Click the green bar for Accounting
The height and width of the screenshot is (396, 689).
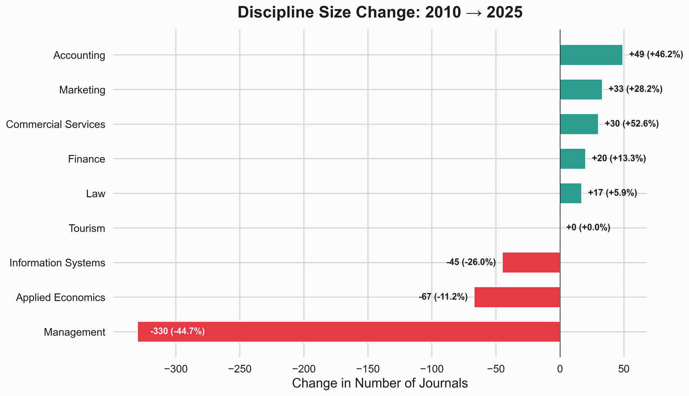tap(591, 55)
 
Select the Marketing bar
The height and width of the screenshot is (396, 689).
tap(580, 90)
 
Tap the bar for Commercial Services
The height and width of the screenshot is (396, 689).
tap(579, 124)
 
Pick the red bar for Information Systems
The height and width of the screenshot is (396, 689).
tap(531, 263)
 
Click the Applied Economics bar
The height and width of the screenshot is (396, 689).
tap(517, 297)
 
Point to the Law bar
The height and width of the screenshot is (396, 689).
tap(570, 193)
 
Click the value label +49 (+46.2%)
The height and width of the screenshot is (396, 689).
tap(656, 54)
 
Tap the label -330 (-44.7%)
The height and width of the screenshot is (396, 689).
tap(177, 332)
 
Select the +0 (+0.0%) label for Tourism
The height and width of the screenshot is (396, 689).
tap(588, 228)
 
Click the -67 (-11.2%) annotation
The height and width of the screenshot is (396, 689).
tap(443, 297)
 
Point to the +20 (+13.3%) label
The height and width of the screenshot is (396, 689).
tap(619, 158)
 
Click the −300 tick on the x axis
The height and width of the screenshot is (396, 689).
tap(176, 369)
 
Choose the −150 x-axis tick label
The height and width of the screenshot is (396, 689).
tap(368, 369)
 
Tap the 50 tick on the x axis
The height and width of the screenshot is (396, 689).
tap(624, 369)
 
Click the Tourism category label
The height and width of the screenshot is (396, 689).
tap(86, 228)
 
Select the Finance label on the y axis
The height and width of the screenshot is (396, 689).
tap(86, 159)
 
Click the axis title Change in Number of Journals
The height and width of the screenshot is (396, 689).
tap(380, 383)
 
